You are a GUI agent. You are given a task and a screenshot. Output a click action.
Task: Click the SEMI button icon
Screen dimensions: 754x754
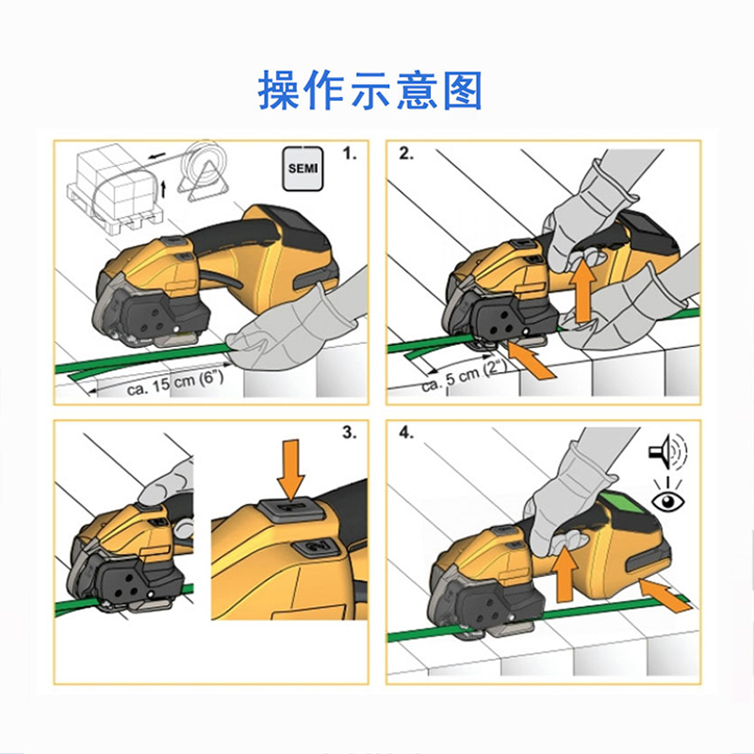[x=303, y=169]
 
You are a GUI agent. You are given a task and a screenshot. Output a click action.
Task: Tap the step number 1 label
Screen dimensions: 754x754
[x=350, y=154]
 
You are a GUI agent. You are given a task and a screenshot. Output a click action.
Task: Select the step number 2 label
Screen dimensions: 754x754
[x=406, y=154]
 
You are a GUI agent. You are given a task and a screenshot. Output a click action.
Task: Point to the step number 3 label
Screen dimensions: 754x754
[x=350, y=433]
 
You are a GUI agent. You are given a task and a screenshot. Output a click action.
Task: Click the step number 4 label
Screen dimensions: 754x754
[x=406, y=433]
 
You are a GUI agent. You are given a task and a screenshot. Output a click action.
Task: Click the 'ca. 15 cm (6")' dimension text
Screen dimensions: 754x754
[x=175, y=384]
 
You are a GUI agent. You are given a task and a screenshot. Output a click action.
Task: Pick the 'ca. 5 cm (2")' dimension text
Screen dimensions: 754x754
[x=465, y=376]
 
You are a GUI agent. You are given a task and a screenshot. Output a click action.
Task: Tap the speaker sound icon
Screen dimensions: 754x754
[x=668, y=451]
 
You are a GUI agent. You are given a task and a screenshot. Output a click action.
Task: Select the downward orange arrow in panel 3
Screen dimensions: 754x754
[x=291, y=469]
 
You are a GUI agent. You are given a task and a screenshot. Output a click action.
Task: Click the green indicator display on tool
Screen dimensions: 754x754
[x=620, y=509]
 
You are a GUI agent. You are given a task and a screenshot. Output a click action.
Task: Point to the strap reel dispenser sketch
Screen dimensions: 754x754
[x=202, y=171]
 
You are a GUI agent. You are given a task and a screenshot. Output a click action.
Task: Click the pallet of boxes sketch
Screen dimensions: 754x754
[x=115, y=188]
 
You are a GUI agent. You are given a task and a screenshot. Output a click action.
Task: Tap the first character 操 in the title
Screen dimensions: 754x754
[x=278, y=90]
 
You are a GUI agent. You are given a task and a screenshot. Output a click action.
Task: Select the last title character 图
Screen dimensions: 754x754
[x=462, y=90]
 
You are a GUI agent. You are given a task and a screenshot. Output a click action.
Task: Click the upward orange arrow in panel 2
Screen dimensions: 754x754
[x=583, y=290]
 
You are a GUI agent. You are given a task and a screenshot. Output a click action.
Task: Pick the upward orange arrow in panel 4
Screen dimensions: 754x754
[x=565, y=575]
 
